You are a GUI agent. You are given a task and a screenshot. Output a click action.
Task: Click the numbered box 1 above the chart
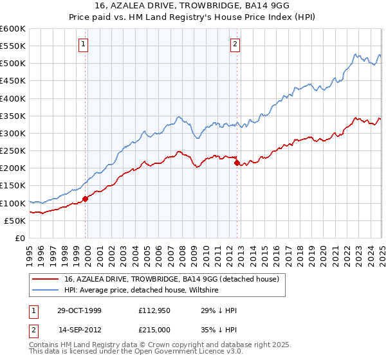(x=84, y=44)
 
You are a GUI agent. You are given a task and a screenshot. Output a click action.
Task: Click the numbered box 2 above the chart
(x=235, y=44)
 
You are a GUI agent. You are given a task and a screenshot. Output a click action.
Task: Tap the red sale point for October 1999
(x=85, y=198)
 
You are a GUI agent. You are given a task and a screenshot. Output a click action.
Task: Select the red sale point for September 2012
(x=237, y=163)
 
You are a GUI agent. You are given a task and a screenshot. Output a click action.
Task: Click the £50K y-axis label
(x=15, y=221)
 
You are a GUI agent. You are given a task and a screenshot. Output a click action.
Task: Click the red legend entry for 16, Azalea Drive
(x=171, y=279)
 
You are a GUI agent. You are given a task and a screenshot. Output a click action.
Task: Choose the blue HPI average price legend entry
(x=142, y=291)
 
